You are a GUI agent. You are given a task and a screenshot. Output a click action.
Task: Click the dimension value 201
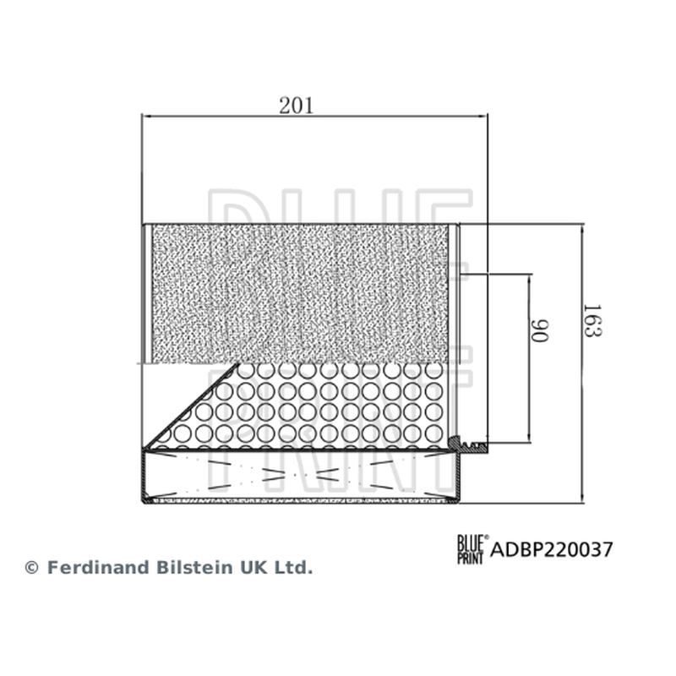[296, 106]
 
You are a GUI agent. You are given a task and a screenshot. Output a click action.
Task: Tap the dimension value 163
[592, 320]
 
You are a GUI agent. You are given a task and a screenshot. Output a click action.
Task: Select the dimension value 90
[539, 330]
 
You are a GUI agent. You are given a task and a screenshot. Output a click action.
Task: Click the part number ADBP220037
[552, 550]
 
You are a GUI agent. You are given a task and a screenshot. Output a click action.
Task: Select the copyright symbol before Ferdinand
[31, 568]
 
